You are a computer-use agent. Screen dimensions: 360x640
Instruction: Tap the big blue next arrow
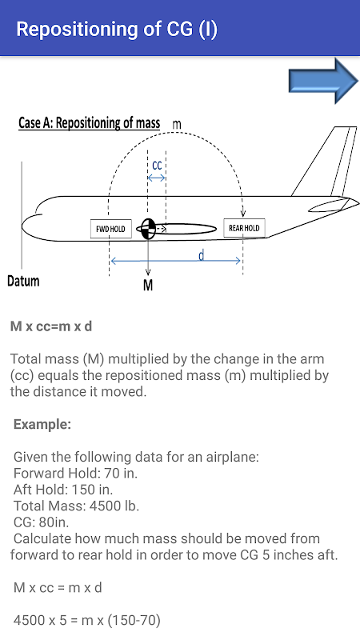[323, 81]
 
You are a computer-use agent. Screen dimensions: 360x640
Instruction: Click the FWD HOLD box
[110, 229]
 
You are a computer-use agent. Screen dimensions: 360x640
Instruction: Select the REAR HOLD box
[244, 228]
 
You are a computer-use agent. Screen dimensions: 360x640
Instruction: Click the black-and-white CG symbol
[148, 229]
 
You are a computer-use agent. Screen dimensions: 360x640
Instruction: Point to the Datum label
[24, 282]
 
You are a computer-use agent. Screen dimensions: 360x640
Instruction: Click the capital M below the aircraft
[148, 286]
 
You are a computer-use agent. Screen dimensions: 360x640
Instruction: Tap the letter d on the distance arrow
[202, 255]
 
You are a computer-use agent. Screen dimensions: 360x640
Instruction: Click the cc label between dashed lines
[157, 166]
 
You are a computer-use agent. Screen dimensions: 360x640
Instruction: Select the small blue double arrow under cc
[157, 178]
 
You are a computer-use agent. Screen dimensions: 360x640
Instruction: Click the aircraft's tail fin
[322, 163]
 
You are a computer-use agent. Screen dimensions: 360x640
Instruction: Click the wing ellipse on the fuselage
[186, 230]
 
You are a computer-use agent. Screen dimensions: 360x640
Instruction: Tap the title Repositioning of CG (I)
[117, 29]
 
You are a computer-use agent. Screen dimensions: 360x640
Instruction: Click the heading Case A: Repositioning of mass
[90, 123]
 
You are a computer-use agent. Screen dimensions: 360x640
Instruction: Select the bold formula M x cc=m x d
[51, 327]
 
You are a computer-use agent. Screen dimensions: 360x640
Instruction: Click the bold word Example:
[42, 425]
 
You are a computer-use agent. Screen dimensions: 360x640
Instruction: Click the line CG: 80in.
[42, 522]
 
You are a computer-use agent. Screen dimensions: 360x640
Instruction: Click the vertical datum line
[22, 215]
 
